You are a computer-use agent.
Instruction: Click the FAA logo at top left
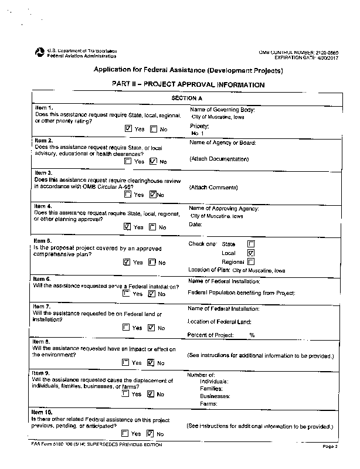click(40, 53)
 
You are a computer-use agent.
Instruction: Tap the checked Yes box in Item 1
click(128, 128)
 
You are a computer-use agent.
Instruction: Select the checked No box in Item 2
click(153, 161)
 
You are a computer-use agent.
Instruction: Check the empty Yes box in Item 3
click(128, 195)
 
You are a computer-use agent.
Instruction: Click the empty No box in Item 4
click(152, 227)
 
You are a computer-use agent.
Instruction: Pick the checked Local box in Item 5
click(251, 253)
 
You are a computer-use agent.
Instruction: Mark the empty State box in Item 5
click(251, 243)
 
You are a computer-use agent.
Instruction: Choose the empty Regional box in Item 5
click(251, 261)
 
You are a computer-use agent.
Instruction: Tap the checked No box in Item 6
click(151, 294)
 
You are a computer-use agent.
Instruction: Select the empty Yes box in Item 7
click(126, 328)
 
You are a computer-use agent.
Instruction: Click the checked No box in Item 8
click(151, 363)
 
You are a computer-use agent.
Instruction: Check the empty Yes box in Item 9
click(126, 394)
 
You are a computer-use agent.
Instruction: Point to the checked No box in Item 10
click(150, 434)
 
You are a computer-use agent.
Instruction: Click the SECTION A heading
click(187, 98)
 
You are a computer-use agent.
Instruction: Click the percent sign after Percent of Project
click(252, 335)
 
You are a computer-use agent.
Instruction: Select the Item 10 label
click(42, 413)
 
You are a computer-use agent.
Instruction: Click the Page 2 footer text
click(330, 447)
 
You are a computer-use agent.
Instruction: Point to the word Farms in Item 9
click(208, 404)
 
